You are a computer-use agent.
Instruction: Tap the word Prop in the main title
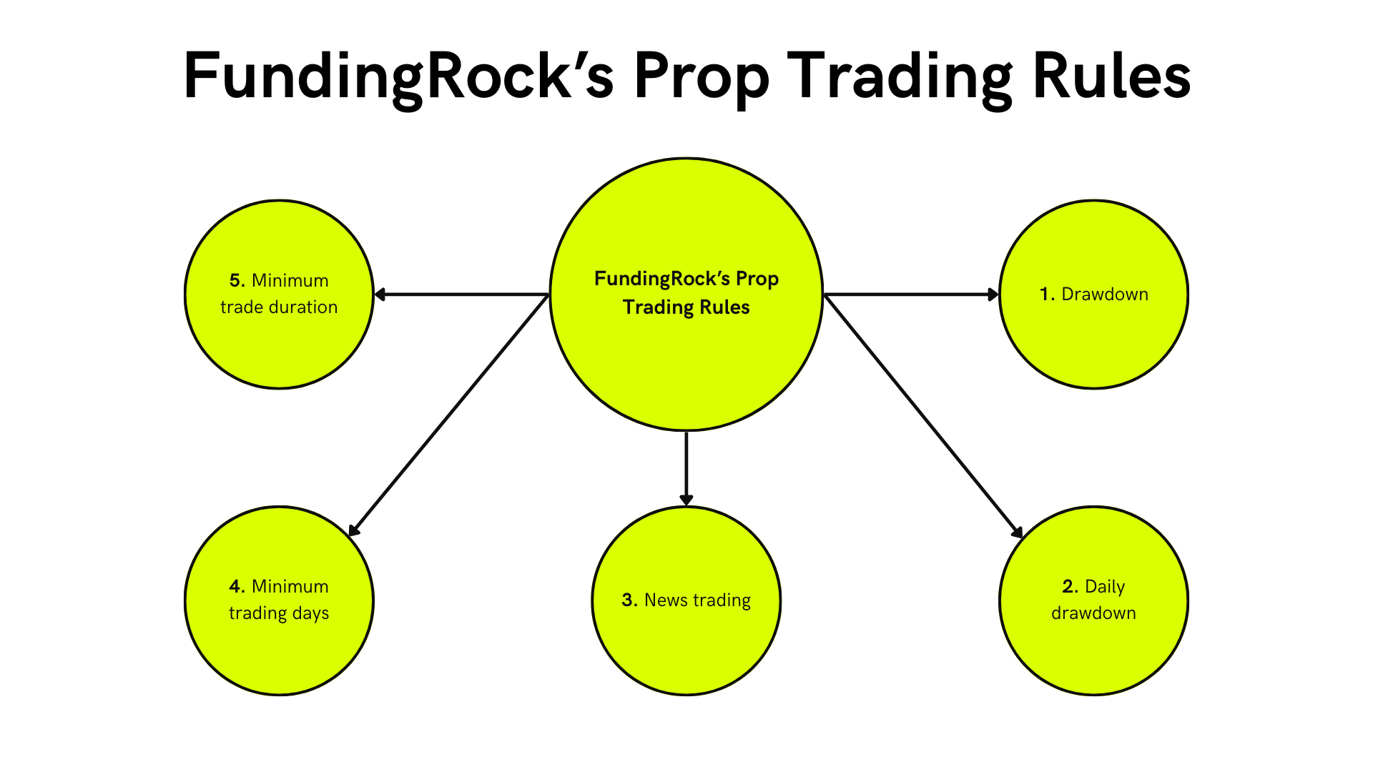tap(701, 77)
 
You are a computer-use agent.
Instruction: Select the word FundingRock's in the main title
tap(398, 77)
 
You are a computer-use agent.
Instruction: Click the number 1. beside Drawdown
tap(1047, 294)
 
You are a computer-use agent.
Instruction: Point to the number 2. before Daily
tap(1070, 586)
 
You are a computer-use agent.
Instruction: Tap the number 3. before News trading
tap(629, 600)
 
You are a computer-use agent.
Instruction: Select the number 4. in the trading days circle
tap(237, 586)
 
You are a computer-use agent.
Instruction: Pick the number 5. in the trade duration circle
tap(237, 280)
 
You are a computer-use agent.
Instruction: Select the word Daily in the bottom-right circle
tap(1105, 586)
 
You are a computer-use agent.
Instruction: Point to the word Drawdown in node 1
tap(1105, 294)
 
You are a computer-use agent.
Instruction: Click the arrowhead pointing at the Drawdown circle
tap(993, 294)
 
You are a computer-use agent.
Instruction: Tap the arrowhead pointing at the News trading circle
tap(686, 499)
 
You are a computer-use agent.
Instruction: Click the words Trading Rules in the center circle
tap(686, 307)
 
